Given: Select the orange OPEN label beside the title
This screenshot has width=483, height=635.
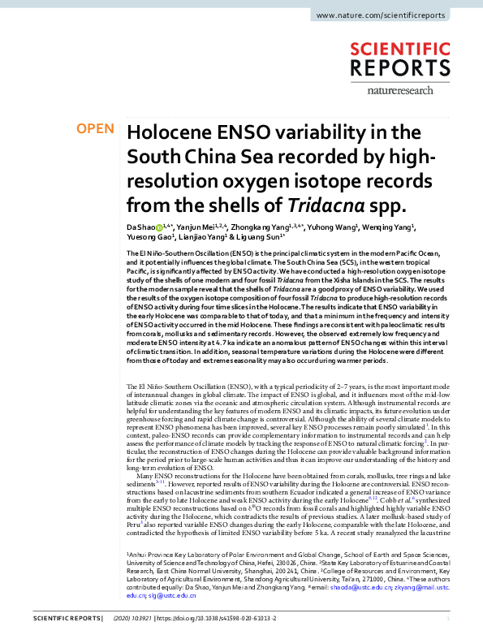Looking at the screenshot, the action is [96, 129].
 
